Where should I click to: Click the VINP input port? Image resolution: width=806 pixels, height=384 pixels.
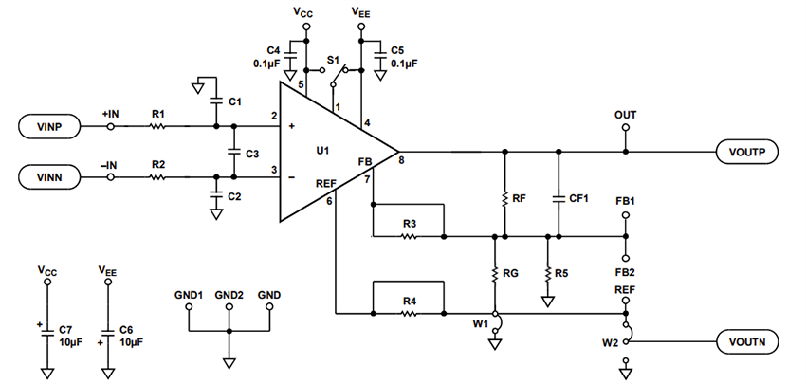click(54, 126)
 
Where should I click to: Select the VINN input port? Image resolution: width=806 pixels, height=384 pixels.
click(54, 175)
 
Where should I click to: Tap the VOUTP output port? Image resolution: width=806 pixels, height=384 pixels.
click(750, 152)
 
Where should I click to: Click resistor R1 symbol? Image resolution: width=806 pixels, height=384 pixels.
click(157, 126)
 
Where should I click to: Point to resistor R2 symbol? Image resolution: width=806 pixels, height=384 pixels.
click(157, 175)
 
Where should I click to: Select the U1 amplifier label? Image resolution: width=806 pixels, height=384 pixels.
click(322, 152)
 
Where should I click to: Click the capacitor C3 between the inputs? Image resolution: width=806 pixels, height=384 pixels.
click(234, 152)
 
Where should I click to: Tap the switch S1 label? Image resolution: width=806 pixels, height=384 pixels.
click(333, 61)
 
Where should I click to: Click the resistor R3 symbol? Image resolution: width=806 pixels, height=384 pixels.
click(409, 236)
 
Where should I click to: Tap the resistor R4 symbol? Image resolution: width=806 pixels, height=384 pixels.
click(409, 312)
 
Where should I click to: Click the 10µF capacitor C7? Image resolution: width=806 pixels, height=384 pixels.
click(46, 328)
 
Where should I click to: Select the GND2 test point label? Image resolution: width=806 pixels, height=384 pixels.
click(229, 295)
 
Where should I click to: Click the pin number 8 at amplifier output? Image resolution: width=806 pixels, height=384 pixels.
click(402, 161)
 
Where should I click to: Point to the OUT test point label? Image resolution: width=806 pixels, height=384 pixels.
click(625, 115)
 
